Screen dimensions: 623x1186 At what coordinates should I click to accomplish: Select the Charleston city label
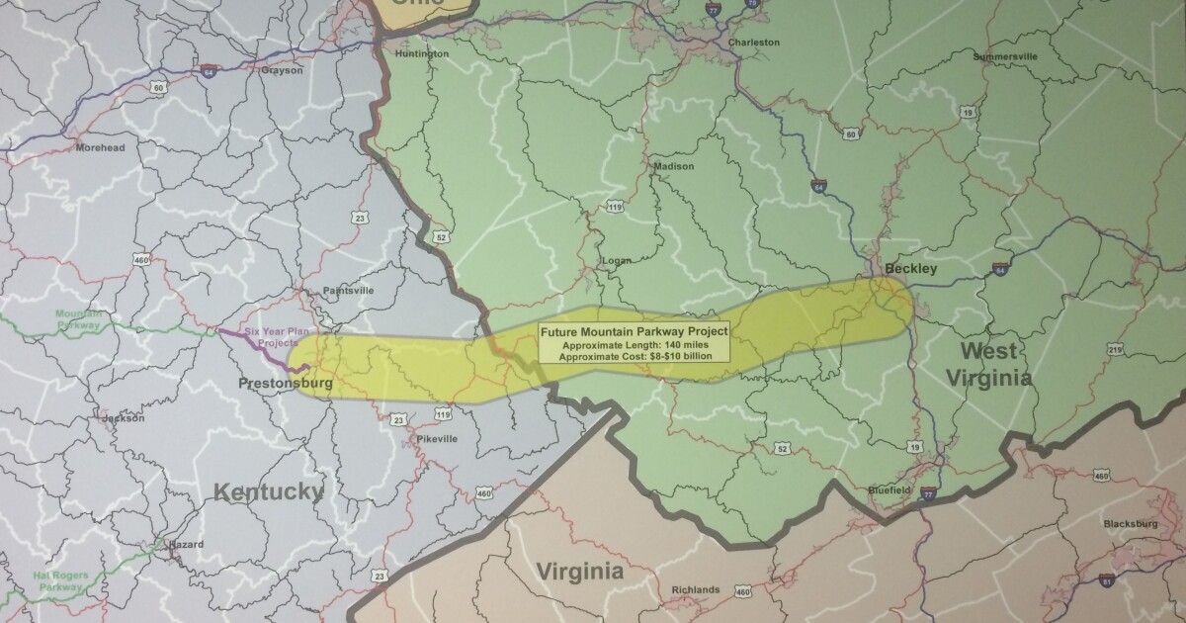click(x=753, y=43)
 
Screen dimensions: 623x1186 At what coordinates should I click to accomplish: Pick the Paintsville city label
click(x=349, y=291)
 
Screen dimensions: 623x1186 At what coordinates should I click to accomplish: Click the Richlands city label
click(x=696, y=589)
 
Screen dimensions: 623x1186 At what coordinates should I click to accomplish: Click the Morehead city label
click(x=102, y=147)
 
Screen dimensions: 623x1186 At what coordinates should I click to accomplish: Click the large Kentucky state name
click(x=269, y=491)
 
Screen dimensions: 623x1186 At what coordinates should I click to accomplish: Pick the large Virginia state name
click(x=579, y=572)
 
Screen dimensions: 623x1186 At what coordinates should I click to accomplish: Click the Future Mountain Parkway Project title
click(x=635, y=330)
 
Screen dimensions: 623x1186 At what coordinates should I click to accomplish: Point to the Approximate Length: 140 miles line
click(x=635, y=344)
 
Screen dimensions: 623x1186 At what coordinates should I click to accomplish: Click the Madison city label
click(x=674, y=166)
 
